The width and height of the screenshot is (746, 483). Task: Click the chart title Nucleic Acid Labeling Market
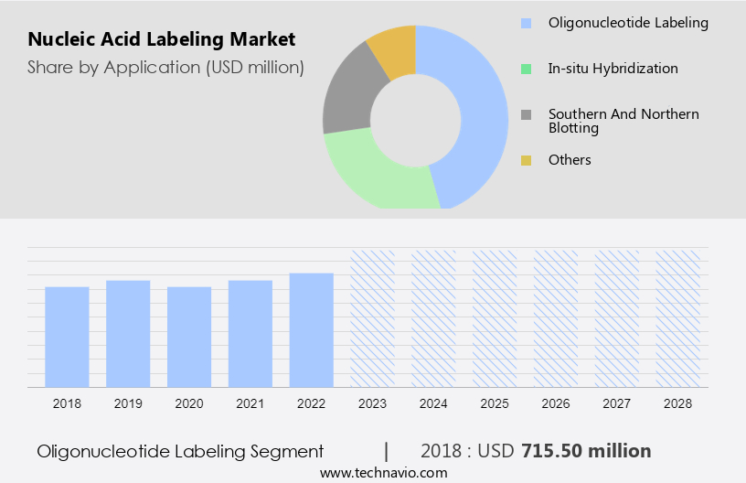click(162, 39)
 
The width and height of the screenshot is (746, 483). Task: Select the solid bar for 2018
click(67, 336)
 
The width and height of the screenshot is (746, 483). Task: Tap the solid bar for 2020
click(189, 336)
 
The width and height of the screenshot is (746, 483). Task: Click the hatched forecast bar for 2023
click(372, 317)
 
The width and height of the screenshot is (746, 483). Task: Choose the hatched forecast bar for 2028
click(677, 317)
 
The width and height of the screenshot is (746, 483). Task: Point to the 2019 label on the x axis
click(128, 403)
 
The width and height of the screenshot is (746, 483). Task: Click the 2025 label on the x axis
click(495, 403)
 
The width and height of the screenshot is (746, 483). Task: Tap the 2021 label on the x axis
click(250, 403)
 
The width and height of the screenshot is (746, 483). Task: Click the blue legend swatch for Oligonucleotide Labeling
click(526, 23)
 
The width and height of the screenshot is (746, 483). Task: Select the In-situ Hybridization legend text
click(613, 69)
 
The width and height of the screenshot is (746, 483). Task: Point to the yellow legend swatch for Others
click(526, 160)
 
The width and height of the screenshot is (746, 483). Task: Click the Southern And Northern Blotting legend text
click(623, 121)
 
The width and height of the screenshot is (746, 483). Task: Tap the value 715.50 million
click(586, 451)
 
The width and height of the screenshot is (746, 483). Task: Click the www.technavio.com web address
click(383, 473)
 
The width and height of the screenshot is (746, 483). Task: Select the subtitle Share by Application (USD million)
click(165, 67)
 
